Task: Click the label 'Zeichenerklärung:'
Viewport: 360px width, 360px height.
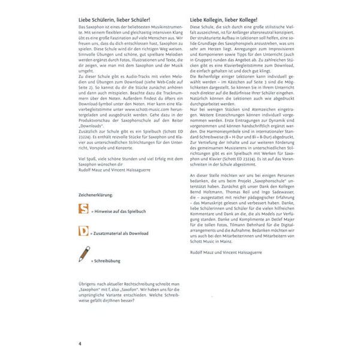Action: pos(96,195)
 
